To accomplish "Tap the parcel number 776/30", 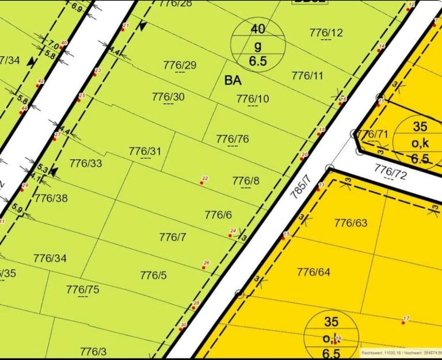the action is point(168,97).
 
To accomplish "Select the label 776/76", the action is point(233,139).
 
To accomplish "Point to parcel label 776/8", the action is point(246,181).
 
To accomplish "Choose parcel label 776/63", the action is point(350,223).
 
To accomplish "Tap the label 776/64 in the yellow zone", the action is point(314,272).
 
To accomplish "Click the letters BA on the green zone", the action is point(233,81).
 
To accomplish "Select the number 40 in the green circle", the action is point(258,29).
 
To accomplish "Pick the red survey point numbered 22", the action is point(202,183).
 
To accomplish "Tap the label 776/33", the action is point(86,163).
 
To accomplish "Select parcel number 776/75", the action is point(82,289).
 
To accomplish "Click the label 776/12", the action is point(326,32).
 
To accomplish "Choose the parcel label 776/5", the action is point(154,275).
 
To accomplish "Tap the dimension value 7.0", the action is point(53,44).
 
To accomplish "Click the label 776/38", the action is point(51,198).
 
